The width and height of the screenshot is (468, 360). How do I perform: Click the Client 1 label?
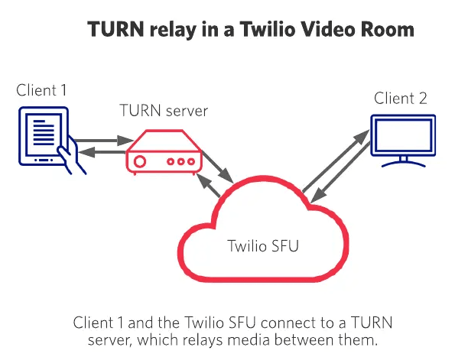pos(42,90)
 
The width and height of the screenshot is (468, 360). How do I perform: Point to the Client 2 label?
pos(400,99)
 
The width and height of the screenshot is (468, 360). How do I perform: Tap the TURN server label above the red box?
pos(164,111)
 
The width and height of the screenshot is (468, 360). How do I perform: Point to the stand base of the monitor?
pos(402,163)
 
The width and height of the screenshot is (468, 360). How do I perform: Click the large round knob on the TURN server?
pos(140,161)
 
